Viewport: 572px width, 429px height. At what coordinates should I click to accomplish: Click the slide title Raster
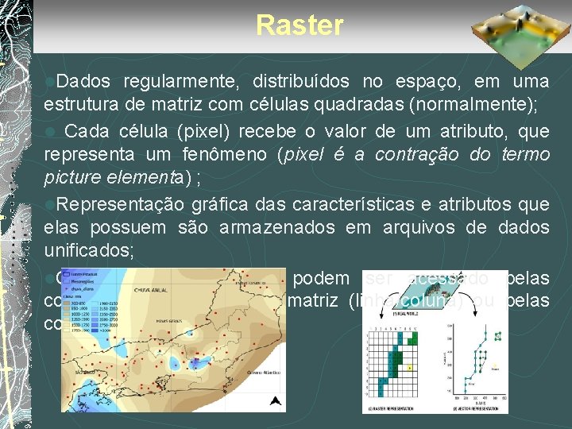pos(300,25)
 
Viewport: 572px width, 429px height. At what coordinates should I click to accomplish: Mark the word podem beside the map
pos(322,278)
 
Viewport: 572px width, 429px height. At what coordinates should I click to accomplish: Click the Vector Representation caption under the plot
pos(472,409)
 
